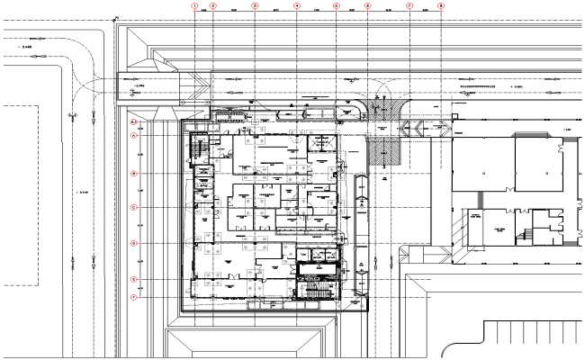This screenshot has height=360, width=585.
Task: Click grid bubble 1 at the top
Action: coord(193,5)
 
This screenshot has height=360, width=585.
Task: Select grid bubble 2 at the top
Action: coord(213,5)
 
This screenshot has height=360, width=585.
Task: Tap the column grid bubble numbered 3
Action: coord(255,5)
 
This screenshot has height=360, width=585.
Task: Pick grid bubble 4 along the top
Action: coord(296,5)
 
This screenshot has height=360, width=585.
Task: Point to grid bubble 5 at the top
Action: coord(336,5)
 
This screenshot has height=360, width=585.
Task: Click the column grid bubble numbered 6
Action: coord(367,5)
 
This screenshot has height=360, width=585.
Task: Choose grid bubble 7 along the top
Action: coord(409,5)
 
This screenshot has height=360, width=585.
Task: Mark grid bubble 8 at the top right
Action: coord(440,5)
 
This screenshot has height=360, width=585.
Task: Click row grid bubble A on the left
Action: coord(134,136)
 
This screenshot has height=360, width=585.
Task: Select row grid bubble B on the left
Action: coord(134,173)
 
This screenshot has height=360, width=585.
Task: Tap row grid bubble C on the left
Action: coord(134,208)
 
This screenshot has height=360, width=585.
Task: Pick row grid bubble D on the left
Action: coord(134,243)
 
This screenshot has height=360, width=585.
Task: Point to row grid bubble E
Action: coord(134,279)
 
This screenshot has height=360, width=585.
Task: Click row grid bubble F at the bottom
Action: coord(134,297)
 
